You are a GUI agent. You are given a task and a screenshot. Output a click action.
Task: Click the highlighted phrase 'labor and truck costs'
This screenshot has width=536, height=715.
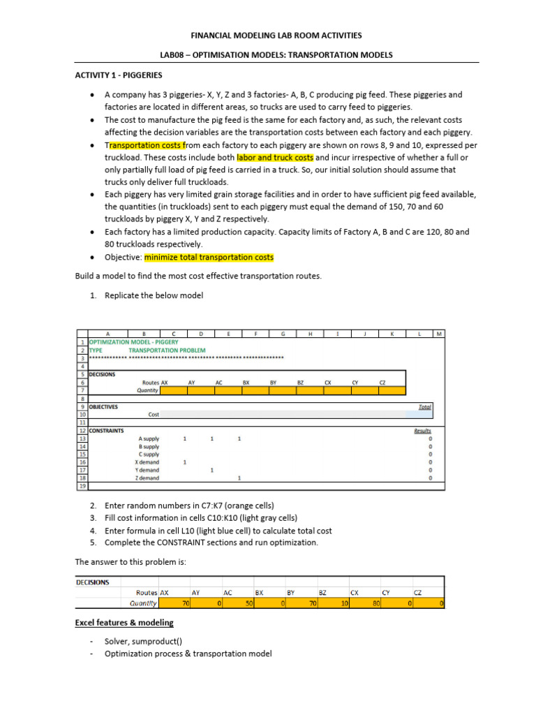click(x=275, y=158)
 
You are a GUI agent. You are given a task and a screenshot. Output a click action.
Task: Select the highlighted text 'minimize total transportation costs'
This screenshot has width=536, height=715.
click(x=209, y=257)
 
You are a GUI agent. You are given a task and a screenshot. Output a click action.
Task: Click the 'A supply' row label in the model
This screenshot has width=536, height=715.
click(x=149, y=438)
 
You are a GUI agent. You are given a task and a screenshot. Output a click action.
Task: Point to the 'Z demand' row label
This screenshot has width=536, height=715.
click(x=147, y=478)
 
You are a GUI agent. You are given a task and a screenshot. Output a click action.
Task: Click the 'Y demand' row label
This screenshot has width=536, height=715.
click(x=147, y=470)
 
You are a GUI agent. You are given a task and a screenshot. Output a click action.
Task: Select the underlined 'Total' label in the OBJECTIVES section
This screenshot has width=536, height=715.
click(x=424, y=406)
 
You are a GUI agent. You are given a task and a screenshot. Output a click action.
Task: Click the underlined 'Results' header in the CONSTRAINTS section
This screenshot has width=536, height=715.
click(x=422, y=431)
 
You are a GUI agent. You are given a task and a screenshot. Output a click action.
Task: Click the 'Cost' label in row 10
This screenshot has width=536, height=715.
click(x=154, y=415)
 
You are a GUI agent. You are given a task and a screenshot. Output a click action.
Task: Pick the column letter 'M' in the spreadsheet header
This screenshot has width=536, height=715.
click(x=438, y=334)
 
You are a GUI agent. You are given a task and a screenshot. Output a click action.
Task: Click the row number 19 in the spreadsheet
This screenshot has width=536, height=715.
click(x=82, y=486)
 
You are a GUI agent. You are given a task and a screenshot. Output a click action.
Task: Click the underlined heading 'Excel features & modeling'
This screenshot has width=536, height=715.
click(x=124, y=622)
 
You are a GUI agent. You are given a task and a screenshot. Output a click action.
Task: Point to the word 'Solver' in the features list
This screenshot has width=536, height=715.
click(x=117, y=640)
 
